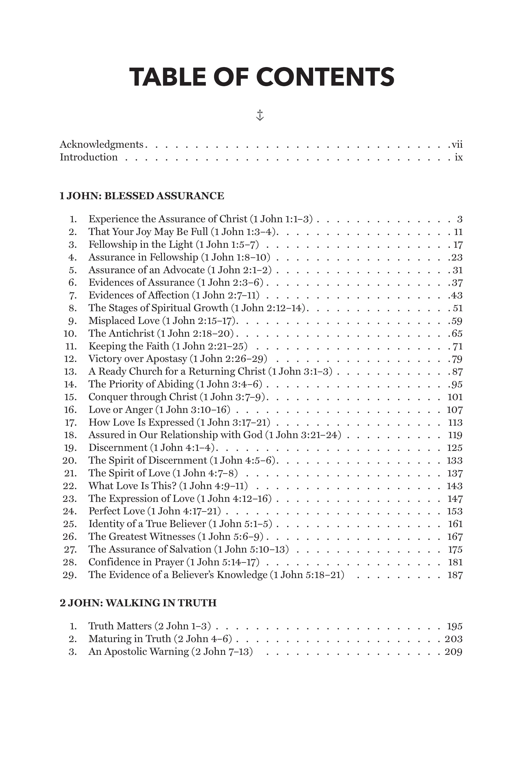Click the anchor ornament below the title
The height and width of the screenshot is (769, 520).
coord(260,115)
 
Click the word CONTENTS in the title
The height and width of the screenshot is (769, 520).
coord(325,77)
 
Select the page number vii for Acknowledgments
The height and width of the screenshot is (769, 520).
coord(457,145)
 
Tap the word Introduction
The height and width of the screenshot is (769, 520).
coord(88,157)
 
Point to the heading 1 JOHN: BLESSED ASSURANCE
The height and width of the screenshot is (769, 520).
coord(142,196)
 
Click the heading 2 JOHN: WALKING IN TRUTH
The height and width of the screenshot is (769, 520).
coord(138,603)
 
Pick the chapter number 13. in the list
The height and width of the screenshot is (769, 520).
coord(70,372)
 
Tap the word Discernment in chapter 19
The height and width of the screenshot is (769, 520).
coord(118,448)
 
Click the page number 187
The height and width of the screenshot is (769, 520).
coord(455,575)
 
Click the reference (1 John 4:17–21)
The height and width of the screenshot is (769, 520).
coord(184,511)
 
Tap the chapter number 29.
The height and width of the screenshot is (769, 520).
coord(70,575)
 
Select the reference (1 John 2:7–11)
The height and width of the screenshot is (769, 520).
coord(225,295)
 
